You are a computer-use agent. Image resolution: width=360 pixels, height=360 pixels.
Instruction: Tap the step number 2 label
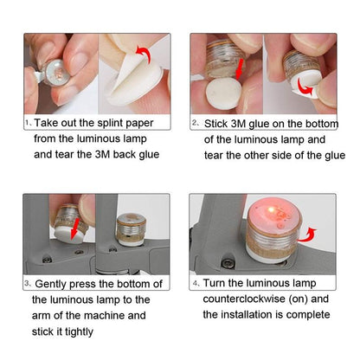click(196, 124)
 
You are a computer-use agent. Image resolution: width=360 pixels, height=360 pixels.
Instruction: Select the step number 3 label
click(29, 284)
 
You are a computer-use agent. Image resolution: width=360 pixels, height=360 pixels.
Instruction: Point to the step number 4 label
click(196, 283)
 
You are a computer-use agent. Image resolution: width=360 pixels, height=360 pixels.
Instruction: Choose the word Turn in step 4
click(216, 283)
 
